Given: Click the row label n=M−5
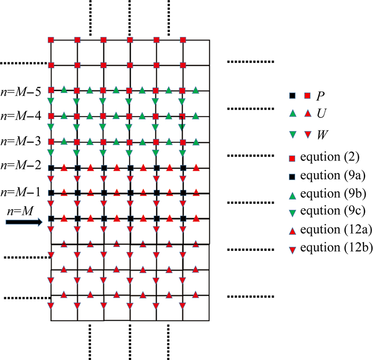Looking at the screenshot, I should [x=21, y=91].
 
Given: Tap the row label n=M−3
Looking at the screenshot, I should [x=21, y=142].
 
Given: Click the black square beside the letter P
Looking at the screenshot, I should [x=292, y=96].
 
